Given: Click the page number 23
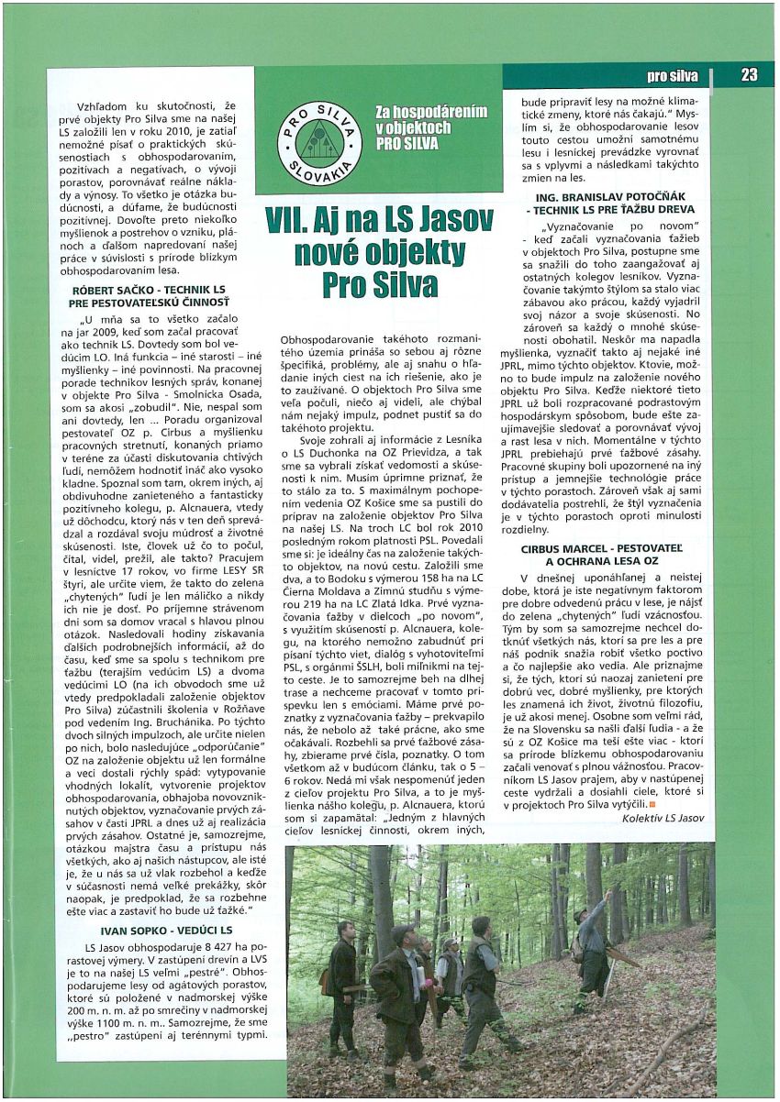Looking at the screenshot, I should tap(749, 75).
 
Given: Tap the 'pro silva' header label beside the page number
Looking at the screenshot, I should tap(673, 76).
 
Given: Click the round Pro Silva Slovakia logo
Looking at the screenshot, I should tap(321, 142).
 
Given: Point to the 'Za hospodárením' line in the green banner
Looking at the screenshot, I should tap(431, 112).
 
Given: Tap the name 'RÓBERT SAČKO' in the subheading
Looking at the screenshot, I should tap(104, 288).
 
